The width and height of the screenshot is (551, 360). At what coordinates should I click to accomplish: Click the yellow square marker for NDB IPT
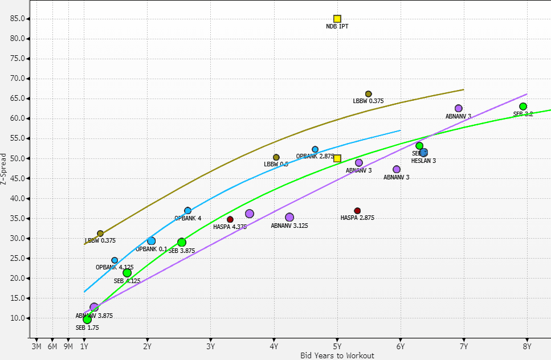pyautogui.click(x=337, y=19)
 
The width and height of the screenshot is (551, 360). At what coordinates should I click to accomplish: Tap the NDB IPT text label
pyautogui.click(x=337, y=27)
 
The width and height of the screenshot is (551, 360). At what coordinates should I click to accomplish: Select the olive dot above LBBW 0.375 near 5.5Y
pyautogui.click(x=368, y=94)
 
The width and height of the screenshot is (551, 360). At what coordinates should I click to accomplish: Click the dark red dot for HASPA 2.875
pyautogui.click(x=357, y=211)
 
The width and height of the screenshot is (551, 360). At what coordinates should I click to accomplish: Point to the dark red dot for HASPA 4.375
pyautogui.click(x=230, y=219)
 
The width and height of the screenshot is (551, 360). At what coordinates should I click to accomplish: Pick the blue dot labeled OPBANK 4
pyautogui.click(x=187, y=211)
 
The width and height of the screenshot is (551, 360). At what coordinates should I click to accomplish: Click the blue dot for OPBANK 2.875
pyautogui.click(x=315, y=149)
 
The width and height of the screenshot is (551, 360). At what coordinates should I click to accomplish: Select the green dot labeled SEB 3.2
pyautogui.click(x=523, y=107)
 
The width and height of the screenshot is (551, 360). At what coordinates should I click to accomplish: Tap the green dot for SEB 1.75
pyautogui.click(x=87, y=320)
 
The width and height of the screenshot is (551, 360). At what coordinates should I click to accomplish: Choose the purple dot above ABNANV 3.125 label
pyautogui.click(x=289, y=217)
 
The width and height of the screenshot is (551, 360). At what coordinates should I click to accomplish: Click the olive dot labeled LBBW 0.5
pyautogui.click(x=276, y=157)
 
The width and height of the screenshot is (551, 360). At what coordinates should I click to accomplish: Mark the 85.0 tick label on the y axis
pyautogui.click(x=17, y=19)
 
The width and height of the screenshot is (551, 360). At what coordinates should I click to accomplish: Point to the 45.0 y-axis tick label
pyautogui.click(x=17, y=179)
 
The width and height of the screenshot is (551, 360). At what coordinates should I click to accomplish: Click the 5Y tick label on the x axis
pyautogui.click(x=337, y=346)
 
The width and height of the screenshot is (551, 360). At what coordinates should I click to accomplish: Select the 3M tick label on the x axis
pyautogui.click(x=36, y=346)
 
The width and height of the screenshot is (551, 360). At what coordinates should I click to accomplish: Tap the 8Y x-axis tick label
pyautogui.click(x=526, y=346)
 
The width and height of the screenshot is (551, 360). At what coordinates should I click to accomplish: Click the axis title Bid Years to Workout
pyautogui.click(x=337, y=355)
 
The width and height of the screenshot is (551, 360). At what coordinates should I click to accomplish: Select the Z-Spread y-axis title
pyautogui.click(x=5, y=167)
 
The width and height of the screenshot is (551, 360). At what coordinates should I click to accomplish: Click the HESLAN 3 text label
pyautogui.click(x=423, y=161)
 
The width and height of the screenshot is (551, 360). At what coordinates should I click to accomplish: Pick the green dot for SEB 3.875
pyautogui.click(x=181, y=243)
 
